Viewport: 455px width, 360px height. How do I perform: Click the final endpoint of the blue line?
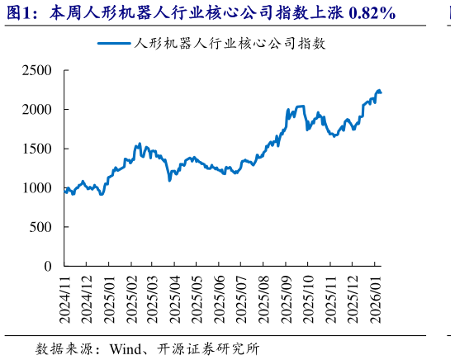tap(381, 92)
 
